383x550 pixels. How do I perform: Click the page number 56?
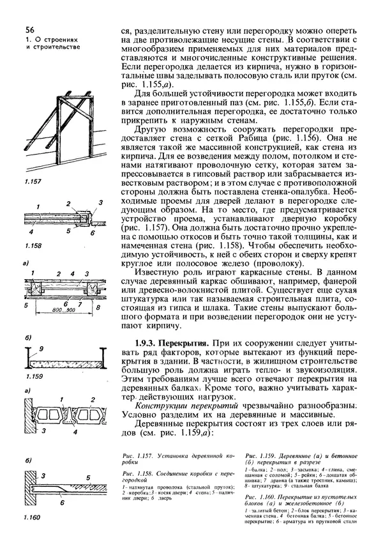(30, 30)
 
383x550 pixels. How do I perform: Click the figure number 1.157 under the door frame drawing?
(33, 183)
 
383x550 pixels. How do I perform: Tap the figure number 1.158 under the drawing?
(34, 245)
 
